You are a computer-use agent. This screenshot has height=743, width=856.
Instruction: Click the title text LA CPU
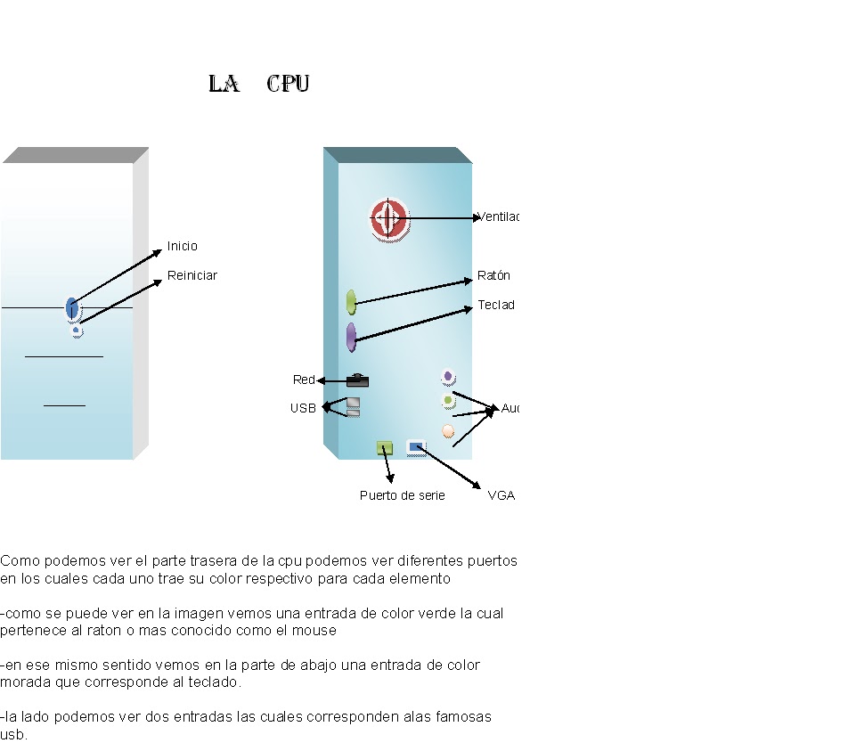[258, 85]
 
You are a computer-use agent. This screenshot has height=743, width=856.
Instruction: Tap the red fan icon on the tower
[388, 218]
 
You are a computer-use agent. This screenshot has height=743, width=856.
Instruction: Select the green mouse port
[351, 302]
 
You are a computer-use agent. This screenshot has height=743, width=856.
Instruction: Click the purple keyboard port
[351, 337]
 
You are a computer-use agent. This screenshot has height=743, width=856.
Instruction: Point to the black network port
[357, 380]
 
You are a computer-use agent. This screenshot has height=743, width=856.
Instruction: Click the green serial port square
[385, 447]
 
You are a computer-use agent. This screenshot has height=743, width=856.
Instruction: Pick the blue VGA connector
[416, 447]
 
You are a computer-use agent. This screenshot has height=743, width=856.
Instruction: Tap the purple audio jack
[448, 377]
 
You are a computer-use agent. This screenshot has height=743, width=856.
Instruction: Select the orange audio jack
[448, 431]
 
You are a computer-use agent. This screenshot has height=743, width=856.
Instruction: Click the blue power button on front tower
[72, 308]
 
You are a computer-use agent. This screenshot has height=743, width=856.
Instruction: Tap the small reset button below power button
[77, 331]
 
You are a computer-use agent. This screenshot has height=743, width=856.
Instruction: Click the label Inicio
[183, 246]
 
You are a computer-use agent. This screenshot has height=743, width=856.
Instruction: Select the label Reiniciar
[192, 275]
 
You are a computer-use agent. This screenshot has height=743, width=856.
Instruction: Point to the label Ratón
[493, 275]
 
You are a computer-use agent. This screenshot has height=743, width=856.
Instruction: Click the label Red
[304, 380]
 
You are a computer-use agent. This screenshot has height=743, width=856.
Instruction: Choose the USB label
[303, 408]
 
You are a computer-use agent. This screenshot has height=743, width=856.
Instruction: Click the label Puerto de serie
[402, 495]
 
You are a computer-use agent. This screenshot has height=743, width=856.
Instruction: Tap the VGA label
[501, 495]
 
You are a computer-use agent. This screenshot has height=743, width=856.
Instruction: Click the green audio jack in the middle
[448, 402]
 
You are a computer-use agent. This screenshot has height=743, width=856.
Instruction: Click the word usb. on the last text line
[13, 735]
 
